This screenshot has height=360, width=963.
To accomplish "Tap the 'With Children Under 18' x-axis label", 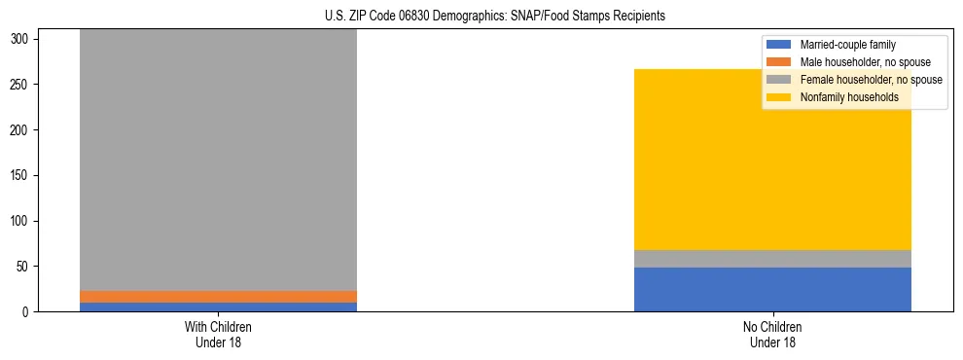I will (x=218, y=334).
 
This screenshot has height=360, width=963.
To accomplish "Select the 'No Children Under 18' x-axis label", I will (x=772, y=334).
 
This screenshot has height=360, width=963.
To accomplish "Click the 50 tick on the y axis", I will (x=28, y=267).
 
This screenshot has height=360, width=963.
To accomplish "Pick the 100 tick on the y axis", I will (x=25, y=221).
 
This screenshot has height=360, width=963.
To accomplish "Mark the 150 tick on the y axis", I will (x=25, y=176).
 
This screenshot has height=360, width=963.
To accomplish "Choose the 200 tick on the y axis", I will (x=25, y=130).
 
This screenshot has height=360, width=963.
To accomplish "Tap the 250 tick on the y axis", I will (x=25, y=85).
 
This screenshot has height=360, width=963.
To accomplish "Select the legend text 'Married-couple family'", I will (x=847, y=45).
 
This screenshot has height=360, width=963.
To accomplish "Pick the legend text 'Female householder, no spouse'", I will (x=871, y=80).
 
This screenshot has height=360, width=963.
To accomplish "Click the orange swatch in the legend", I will (x=779, y=62).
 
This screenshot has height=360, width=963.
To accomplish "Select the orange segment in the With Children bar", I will (x=218, y=297).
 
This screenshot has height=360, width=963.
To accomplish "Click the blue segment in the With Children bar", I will (x=218, y=307).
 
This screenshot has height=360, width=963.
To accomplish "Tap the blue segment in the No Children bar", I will (x=772, y=290).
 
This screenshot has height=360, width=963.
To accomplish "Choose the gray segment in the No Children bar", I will (x=772, y=259).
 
